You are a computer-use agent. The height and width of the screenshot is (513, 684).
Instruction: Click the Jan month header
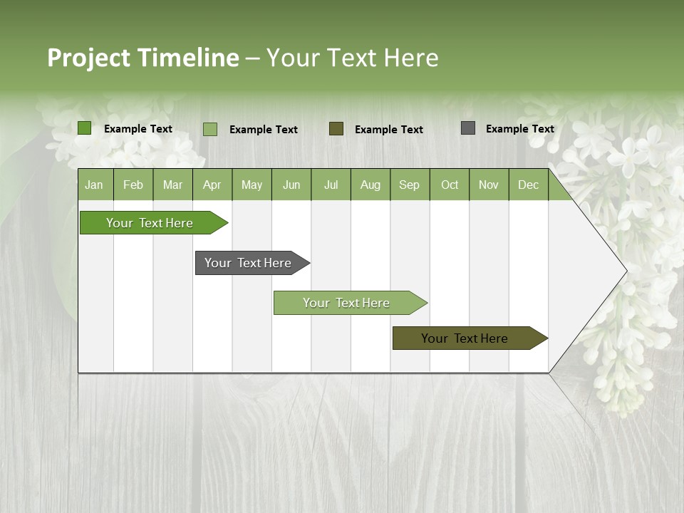[x=94, y=185]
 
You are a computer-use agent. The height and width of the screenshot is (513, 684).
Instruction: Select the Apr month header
[x=212, y=185]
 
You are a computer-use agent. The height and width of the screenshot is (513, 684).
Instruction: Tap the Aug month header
[x=370, y=185]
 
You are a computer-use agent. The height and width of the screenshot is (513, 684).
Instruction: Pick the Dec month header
[x=528, y=185]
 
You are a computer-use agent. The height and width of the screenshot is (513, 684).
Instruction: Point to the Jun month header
[x=291, y=185]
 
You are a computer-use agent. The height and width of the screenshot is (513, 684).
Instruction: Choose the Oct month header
[x=449, y=185]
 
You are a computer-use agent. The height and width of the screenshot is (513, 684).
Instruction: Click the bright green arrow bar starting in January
[x=150, y=223]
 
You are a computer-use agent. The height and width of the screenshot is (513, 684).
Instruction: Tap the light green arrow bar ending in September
[x=346, y=303]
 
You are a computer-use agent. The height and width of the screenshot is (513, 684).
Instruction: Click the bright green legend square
[x=84, y=128]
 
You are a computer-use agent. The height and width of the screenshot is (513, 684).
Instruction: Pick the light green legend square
[x=209, y=129]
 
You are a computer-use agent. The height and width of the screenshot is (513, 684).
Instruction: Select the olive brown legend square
[x=336, y=128]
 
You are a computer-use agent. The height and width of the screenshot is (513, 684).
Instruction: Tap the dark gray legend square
[x=467, y=128]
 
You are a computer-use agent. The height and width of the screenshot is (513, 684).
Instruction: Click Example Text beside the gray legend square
[x=519, y=129]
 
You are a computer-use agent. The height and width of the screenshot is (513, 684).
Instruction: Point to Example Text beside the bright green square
[x=138, y=129]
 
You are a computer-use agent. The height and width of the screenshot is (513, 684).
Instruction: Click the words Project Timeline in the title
[x=142, y=58]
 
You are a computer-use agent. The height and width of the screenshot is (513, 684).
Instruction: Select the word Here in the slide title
[x=410, y=58]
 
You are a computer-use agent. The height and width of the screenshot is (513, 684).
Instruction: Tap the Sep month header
[x=409, y=185]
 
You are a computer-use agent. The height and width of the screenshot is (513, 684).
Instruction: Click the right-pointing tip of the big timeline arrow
[x=624, y=270]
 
